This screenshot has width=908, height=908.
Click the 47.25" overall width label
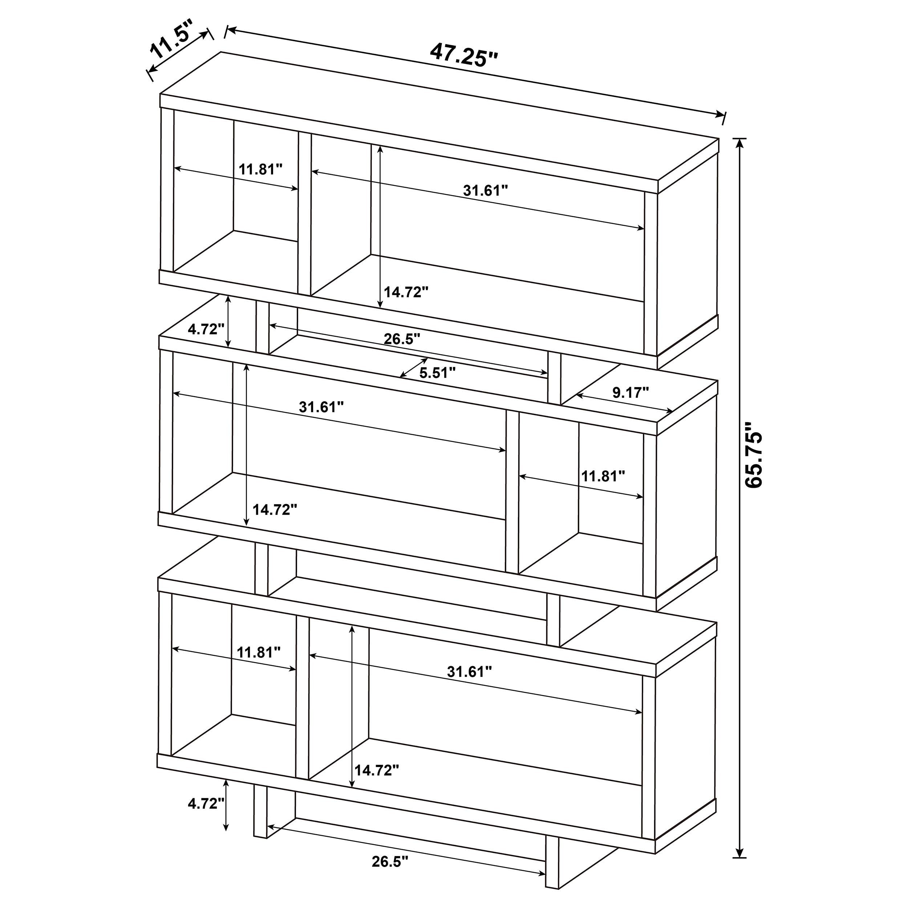[x=463, y=56]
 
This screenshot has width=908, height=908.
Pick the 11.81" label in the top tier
[x=260, y=169]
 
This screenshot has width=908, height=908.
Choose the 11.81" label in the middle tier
[x=603, y=476]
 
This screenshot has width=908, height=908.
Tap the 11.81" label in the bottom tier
[x=259, y=652]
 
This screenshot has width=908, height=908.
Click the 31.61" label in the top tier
[x=486, y=190]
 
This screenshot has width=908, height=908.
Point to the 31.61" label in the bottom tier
[x=469, y=672]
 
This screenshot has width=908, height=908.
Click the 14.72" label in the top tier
[x=406, y=292]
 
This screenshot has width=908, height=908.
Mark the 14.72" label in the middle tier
[x=275, y=510]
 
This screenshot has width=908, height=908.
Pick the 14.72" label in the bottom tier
[x=376, y=770]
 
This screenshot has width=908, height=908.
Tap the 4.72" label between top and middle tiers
[x=203, y=329]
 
